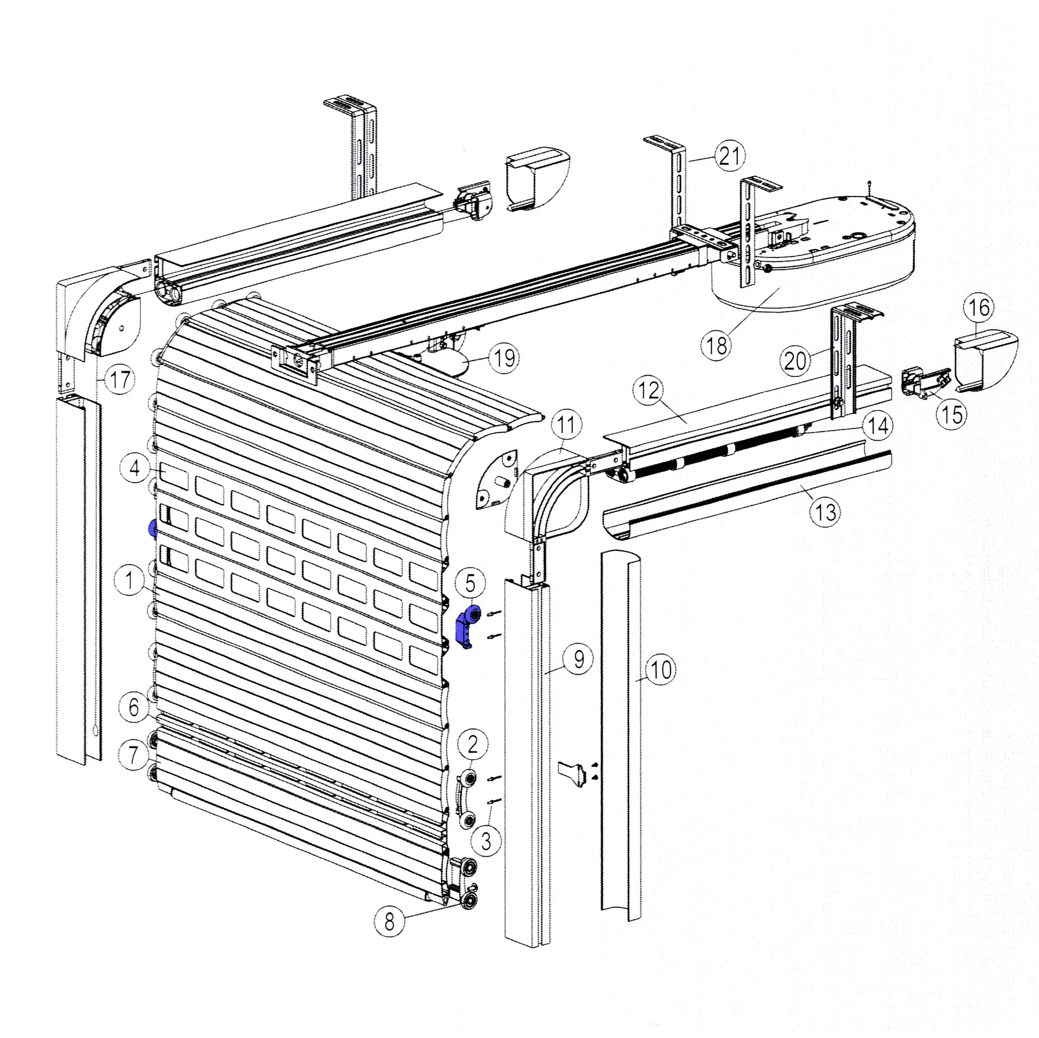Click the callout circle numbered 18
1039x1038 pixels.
716,346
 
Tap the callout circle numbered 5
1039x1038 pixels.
470,583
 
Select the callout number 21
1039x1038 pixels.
730,156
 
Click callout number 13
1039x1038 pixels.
825,512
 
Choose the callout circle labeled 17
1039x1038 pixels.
119,380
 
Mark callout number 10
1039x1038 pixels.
660,670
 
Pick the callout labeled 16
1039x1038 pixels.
978,307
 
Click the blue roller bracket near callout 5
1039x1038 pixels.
465,627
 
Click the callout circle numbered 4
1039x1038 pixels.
135,468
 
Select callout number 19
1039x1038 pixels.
504,358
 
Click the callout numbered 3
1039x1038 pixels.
486,841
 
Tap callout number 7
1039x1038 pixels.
134,755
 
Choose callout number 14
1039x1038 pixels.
878,426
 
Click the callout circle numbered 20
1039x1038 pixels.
795,360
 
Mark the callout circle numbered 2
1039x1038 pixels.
473,745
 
